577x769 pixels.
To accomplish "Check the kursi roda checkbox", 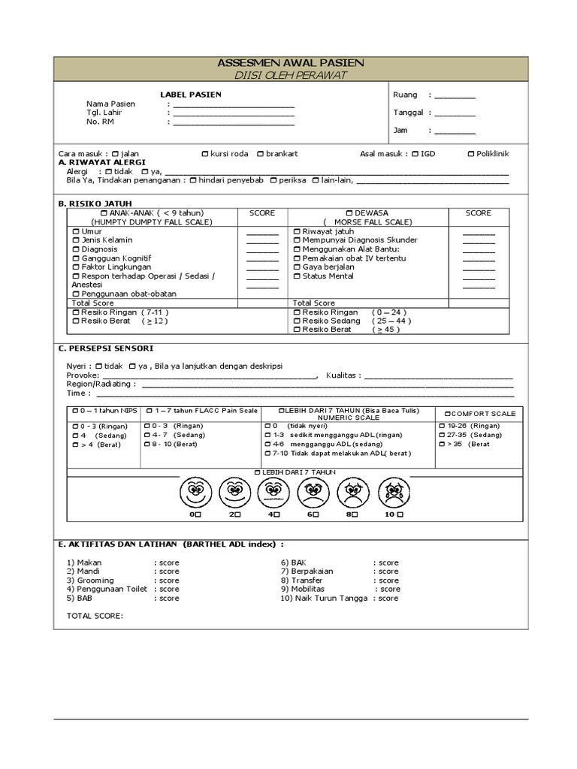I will [205, 154].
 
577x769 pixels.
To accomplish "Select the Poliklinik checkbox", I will [471, 154].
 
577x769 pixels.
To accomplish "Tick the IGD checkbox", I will [415, 154].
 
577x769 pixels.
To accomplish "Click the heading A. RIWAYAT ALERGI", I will [101, 162].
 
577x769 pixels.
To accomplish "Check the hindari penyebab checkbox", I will [193, 180].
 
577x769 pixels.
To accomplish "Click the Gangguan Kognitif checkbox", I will [75, 258].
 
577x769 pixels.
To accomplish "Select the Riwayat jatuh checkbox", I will [296, 231].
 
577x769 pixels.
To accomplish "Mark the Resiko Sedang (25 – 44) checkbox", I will [296, 321].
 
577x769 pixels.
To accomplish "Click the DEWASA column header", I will [367, 213].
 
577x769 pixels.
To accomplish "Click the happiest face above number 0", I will [194, 493].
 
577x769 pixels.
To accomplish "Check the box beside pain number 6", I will [316, 516].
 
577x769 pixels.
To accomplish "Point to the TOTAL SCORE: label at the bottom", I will [95, 617].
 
